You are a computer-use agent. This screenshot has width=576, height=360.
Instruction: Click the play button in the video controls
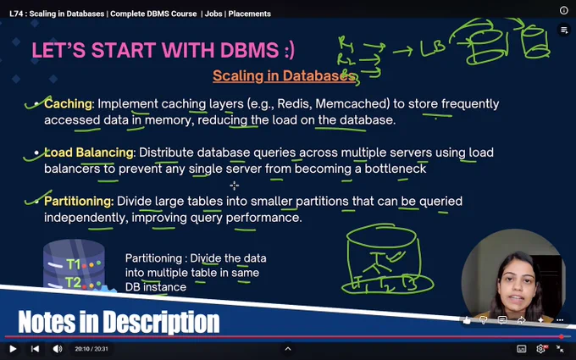pyautogui.click(x=13, y=349)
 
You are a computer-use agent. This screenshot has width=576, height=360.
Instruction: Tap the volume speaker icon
pyautogui.click(x=58, y=349)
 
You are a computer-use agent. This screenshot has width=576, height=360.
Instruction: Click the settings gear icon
pyautogui.click(x=540, y=349)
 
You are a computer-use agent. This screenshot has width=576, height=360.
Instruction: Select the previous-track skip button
pyautogui.click(x=35, y=349)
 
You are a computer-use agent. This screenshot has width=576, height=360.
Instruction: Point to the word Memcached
pyautogui.click(x=352, y=104)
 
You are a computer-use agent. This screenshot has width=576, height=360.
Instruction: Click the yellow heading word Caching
pyautogui.click(x=68, y=104)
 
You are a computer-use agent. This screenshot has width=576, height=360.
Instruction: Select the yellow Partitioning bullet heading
pyautogui.click(x=78, y=202)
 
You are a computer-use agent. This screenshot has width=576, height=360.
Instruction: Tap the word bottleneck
pyautogui.click(x=396, y=169)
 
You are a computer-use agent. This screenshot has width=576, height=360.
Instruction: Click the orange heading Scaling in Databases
pyautogui.click(x=284, y=75)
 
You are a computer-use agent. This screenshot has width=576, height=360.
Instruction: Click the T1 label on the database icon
pyautogui.click(x=73, y=264)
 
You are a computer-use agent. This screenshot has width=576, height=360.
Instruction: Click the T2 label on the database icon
pyautogui.click(x=73, y=282)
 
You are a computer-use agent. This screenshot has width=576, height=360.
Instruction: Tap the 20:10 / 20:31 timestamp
pyautogui.click(x=91, y=349)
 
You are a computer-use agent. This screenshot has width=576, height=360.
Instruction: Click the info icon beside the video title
pyautogui.click(x=564, y=10)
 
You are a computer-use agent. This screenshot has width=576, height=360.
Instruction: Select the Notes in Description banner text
pyautogui.click(x=119, y=322)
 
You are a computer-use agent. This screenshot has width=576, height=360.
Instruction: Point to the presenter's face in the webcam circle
pyautogui.click(x=517, y=284)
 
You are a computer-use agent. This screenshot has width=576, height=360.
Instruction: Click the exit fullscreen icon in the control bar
pyautogui.click(x=559, y=349)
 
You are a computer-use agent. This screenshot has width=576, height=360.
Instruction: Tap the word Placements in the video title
pyautogui.click(x=249, y=14)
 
